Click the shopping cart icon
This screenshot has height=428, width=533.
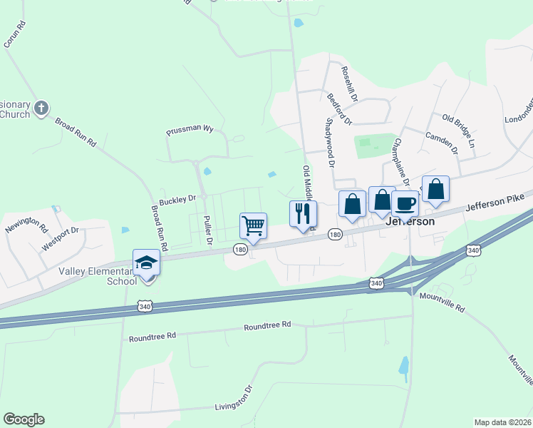tap(254, 226)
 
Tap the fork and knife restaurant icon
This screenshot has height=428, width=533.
tap(302, 213)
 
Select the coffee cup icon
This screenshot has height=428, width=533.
tap(405, 203)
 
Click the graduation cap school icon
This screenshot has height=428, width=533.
tap(146, 263)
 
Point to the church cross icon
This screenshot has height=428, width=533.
tap(42, 108)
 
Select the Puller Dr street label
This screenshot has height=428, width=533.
tap(208, 230)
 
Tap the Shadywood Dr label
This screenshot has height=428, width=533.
tap(330, 142)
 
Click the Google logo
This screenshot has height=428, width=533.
tap(24, 419)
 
